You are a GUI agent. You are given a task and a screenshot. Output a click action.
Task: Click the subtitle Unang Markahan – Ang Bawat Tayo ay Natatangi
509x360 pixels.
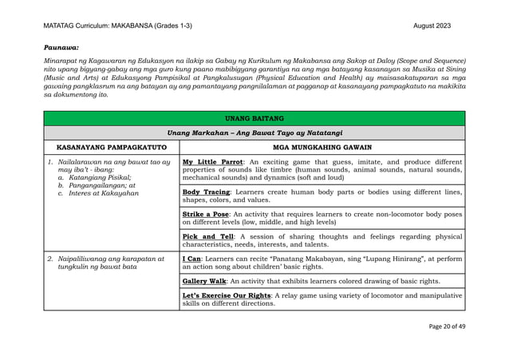pos(254,133)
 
